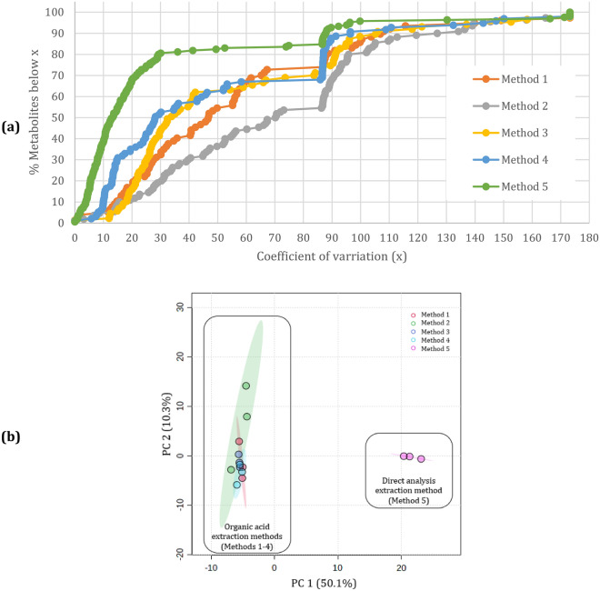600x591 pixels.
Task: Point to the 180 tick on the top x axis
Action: coord(590,235)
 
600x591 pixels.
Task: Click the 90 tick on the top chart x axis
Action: coord(332,235)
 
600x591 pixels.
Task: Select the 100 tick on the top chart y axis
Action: coord(57,13)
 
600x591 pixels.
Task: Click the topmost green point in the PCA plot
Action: coord(245,386)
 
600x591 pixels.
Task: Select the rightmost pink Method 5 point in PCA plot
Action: coord(421,459)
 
